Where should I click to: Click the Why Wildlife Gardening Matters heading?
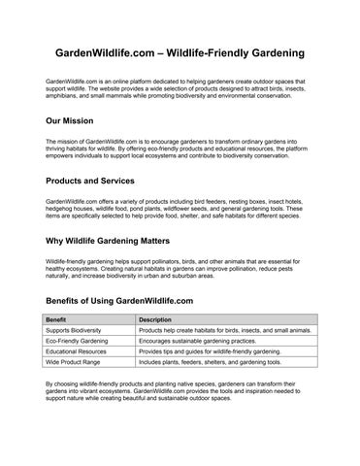click(109, 240)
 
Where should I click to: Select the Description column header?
click(155, 319)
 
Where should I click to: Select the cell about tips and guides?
click(210, 351)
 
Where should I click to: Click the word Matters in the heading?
click(149, 240)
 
